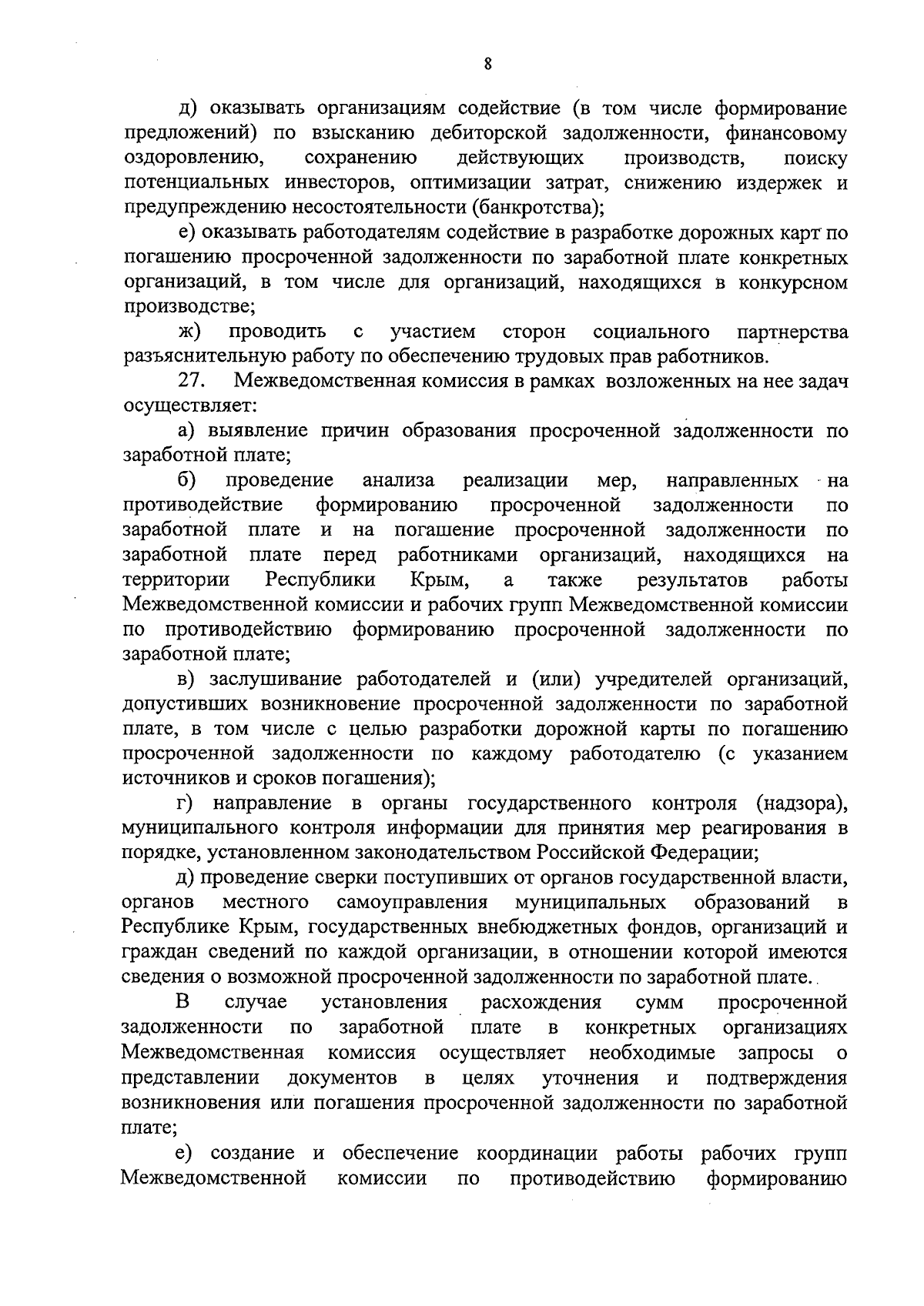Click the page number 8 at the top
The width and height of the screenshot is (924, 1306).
(x=488, y=64)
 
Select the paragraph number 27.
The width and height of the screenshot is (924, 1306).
(x=190, y=381)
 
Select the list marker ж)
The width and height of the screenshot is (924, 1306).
(x=189, y=332)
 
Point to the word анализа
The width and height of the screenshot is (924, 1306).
(x=398, y=481)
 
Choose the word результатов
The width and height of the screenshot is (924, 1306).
(x=692, y=580)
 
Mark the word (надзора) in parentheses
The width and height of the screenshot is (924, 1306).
(x=801, y=803)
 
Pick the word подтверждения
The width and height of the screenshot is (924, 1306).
(x=776, y=1077)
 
